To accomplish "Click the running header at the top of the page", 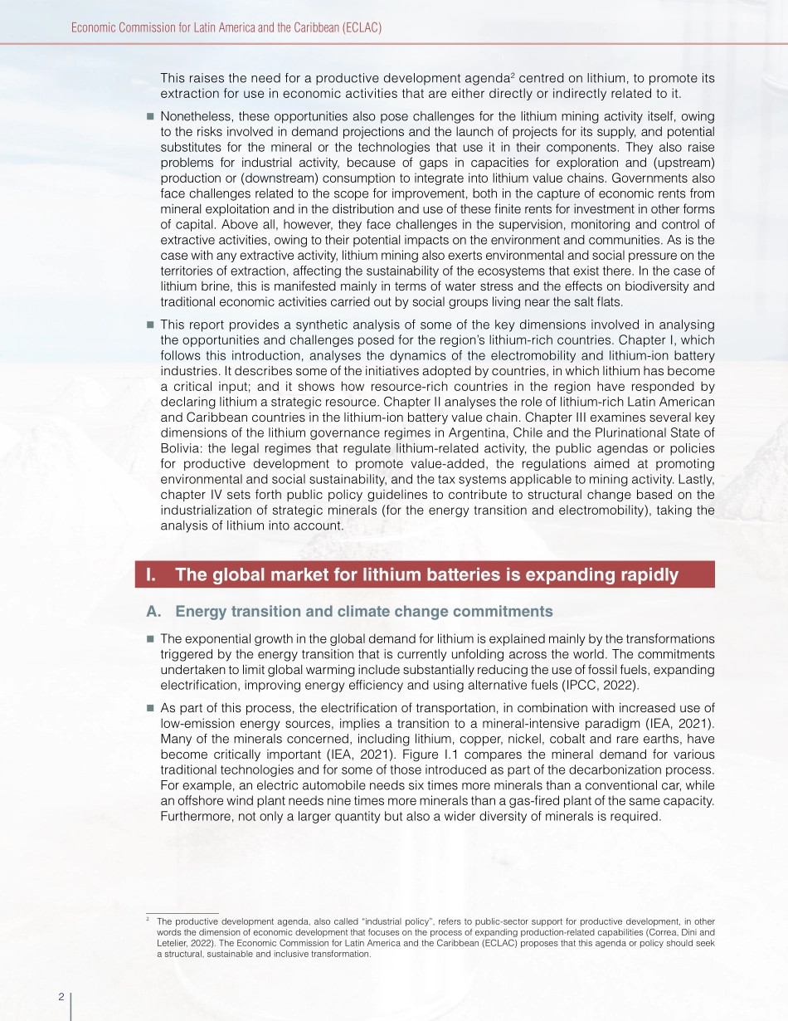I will (x=226, y=27).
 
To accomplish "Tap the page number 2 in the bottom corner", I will (x=61, y=996).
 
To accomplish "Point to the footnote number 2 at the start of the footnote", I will (x=147, y=919).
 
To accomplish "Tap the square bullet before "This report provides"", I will (x=150, y=325).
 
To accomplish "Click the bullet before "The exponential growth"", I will (x=150, y=639).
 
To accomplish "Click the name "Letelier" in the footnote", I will (x=174, y=944).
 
